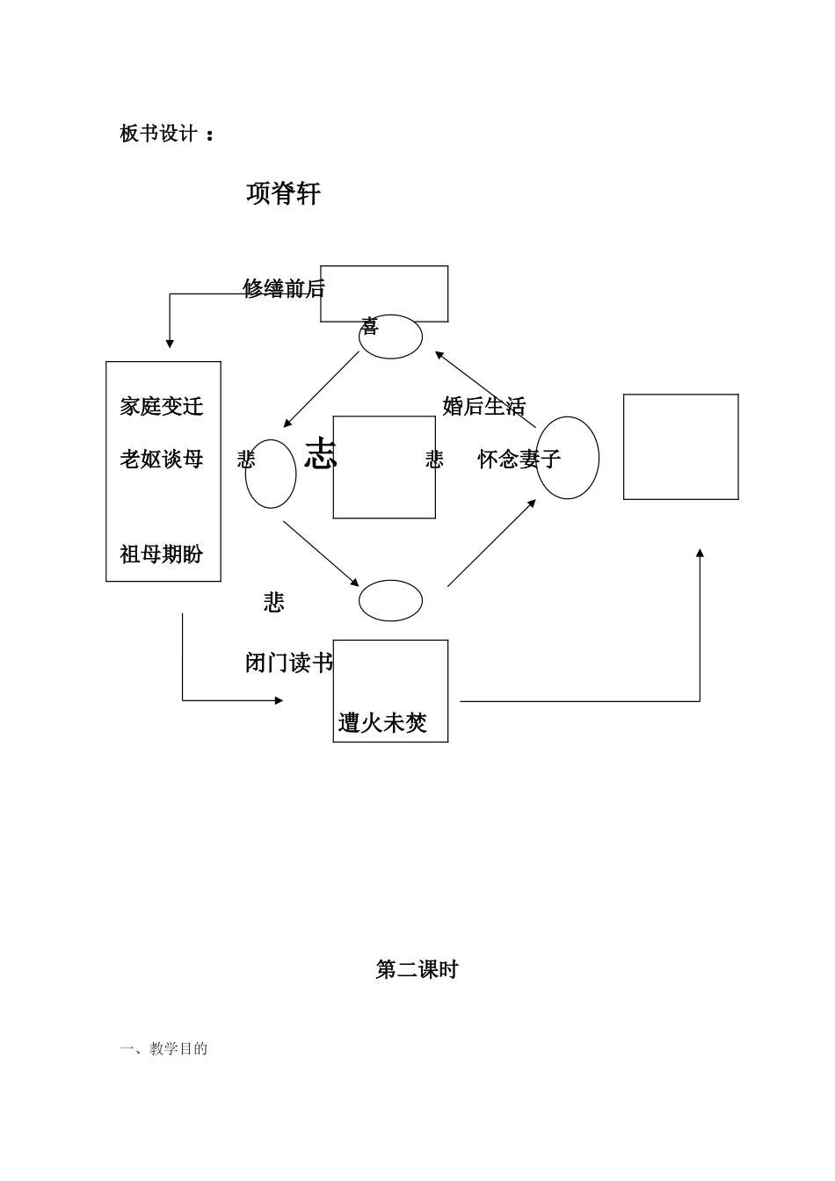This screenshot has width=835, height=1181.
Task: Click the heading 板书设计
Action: [159, 134]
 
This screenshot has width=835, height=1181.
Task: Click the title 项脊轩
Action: [283, 193]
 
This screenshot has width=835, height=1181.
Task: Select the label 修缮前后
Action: [283, 288]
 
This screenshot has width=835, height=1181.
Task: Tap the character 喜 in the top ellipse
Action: [369, 327]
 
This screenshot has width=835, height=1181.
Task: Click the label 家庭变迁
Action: [162, 406]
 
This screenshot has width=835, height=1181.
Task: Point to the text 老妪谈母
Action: [162, 459]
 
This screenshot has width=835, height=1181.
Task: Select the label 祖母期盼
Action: [162, 554]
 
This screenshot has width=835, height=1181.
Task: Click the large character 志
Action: [321, 454]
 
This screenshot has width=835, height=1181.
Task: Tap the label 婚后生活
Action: [483, 406]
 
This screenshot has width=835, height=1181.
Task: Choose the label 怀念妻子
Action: [519, 459]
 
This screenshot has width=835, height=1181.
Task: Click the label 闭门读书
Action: [288, 663]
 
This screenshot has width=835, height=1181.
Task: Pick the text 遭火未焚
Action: [382, 722]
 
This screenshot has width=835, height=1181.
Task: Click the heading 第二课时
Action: [417, 969]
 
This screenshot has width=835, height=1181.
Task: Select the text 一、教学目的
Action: [163, 1048]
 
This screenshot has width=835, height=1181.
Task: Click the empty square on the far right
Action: [680, 446]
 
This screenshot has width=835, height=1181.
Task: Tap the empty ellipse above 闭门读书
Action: [390, 600]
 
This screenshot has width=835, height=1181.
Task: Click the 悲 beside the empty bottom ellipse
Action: [273, 602]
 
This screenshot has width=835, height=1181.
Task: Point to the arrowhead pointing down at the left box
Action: [170, 344]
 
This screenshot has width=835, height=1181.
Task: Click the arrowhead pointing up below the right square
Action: [700, 554]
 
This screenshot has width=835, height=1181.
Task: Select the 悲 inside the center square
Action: [434, 459]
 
